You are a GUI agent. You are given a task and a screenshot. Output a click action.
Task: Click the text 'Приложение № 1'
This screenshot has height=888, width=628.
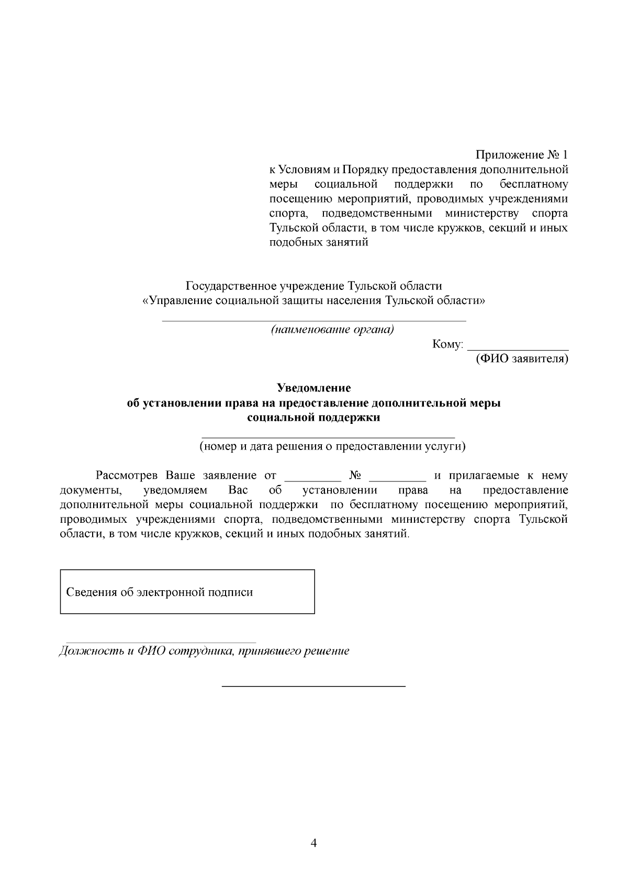pyautogui.click(x=521, y=155)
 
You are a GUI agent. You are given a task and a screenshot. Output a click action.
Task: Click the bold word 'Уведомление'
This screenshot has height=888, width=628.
pyautogui.click(x=313, y=388)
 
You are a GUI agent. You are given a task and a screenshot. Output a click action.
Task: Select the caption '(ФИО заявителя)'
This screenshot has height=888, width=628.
pyautogui.click(x=521, y=359)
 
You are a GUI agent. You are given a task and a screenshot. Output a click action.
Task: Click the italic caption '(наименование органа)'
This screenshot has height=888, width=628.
pyautogui.click(x=332, y=330)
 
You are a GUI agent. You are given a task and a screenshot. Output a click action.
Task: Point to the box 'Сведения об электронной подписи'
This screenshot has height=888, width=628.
pyautogui.click(x=187, y=592)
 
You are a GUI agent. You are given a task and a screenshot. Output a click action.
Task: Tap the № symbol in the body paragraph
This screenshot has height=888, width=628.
pyautogui.click(x=355, y=476)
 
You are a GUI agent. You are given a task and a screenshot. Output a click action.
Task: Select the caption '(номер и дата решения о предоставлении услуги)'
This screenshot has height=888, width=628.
pyautogui.click(x=332, y=446)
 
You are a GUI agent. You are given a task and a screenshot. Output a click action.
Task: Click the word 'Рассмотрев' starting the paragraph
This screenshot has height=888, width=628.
pyautogui.click(x=127, y=476)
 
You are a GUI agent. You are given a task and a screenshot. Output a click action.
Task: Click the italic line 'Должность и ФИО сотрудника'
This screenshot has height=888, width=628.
pyautogui.click(x=204, y=651)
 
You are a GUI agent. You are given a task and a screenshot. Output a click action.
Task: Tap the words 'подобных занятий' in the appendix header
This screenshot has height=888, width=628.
pyautogui.click(x=319, y=243)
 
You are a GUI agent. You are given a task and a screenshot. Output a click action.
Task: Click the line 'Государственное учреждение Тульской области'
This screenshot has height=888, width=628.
pyautogui.click(x=313, y=286)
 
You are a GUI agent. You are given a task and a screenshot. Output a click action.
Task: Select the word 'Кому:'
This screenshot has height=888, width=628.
pyautogui.click(x=447, y=344)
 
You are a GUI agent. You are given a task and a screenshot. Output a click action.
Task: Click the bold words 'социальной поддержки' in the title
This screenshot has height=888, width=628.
pyautogui.click(x=313, y=418)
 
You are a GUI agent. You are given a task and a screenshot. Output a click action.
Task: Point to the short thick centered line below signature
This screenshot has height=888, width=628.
pyautogui.click(x=313, y=685)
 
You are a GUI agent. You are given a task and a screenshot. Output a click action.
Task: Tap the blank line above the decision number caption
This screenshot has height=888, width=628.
pyautogui.click(x=328, y=437)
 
